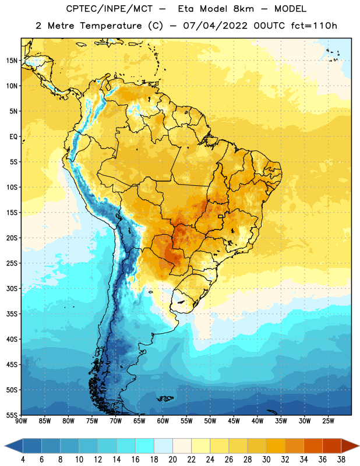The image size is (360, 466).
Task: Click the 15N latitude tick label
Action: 12,61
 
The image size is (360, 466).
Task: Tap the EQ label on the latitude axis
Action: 13,137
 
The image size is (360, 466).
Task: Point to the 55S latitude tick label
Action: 12,415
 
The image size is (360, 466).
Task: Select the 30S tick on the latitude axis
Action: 12,288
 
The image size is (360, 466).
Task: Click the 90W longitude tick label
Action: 21,421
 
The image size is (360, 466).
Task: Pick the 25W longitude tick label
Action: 328,421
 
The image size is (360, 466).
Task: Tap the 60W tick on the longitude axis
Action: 163,421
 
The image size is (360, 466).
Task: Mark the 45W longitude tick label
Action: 234,421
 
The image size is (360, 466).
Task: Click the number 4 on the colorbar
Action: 23,460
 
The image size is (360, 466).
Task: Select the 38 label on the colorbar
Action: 341,460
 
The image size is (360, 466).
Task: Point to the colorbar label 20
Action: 172,460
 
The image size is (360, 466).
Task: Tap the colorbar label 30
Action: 266,460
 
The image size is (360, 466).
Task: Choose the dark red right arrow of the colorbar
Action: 350,446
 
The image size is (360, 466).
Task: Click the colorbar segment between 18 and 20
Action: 163,446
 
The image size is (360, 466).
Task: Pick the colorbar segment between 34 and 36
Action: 313,446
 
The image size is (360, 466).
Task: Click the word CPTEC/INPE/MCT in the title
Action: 109,9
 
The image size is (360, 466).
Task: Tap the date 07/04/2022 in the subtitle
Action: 215,26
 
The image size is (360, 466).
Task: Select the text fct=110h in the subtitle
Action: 314,26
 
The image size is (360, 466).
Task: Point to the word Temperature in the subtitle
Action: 111,26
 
